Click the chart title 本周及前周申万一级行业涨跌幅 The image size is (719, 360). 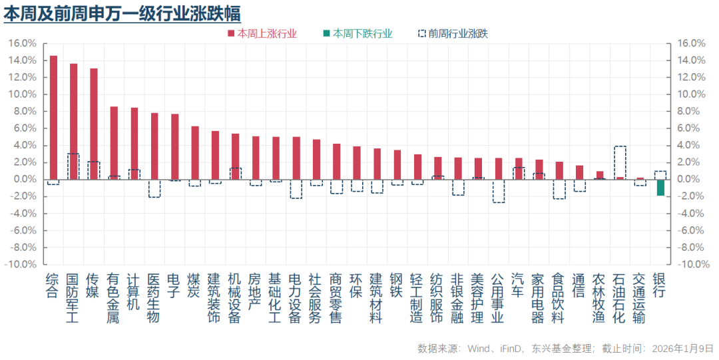pos(122,13)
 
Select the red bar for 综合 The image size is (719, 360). pos(53,117)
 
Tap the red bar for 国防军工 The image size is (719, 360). pos(73,121)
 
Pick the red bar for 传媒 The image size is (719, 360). pos(94,124)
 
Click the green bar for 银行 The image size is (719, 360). pos(660,187)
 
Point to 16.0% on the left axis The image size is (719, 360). pos(22,43)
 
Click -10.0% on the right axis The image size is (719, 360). pos(691,264)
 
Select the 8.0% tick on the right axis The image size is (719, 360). pos(689,111)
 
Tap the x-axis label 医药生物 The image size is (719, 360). pos(154,297)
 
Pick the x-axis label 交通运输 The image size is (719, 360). pos(640,297)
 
